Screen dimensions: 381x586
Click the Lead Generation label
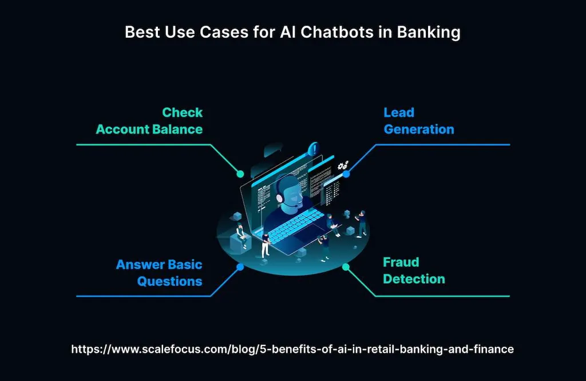pos(418,121)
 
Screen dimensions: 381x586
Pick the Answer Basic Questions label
pos(159,273)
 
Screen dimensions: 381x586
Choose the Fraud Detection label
pos(413,270)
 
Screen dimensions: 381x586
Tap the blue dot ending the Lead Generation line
pos(346,174)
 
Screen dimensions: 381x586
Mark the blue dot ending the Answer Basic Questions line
pos(240,267)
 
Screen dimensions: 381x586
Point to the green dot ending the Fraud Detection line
pos(346,267)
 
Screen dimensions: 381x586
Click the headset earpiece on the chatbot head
pos(280,198)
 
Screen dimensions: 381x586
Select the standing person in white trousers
pos(266,244)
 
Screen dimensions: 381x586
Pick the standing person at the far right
pos(362,223)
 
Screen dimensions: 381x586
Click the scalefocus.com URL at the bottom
pos(292,349)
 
